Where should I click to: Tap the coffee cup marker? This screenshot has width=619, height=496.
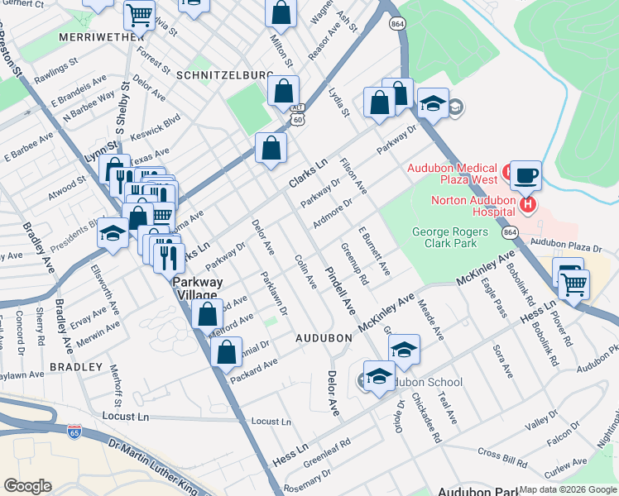(x=525, y=176)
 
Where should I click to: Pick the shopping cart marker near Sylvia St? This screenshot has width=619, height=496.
(x=139, y=13)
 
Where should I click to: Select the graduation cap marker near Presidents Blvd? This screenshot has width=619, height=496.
(x=113, y=233)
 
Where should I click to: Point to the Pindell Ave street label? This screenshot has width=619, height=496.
(x=339, y=289)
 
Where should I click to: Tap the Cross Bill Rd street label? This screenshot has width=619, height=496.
(x=501, y=455)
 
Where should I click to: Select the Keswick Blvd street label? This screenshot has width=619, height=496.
(x=159, y=122)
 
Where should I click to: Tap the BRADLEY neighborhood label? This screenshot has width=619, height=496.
(x=75, y=366)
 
